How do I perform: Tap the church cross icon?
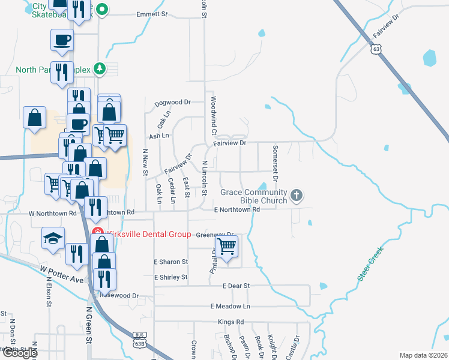297,196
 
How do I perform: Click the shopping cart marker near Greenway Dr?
226,245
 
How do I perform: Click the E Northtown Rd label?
237,209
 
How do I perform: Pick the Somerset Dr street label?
275,162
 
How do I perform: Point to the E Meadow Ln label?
229,307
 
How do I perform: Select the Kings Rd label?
231,322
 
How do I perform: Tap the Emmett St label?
151,14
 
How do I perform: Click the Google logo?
20,353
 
